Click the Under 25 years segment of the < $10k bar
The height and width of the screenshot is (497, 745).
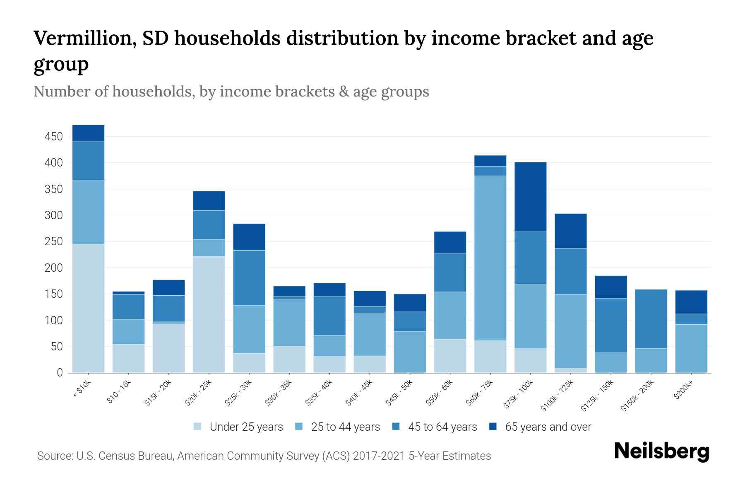tap(88, 308)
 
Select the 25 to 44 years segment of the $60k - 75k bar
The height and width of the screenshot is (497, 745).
tap(490, 258)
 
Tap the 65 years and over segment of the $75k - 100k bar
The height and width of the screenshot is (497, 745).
tap(530, 196)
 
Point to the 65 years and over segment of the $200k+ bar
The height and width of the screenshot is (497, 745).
tap(691, 302)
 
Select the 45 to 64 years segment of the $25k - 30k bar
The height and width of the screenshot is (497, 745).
tap(249, 278)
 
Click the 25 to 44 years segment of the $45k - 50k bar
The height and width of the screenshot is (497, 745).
tap(410, 352)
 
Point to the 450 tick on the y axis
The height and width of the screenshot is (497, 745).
tap(54, 137)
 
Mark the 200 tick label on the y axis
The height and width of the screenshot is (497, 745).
tap(54, 268)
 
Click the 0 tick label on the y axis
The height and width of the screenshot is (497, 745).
tap(60, 373)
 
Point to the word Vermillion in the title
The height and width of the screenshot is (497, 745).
tap(82, 38)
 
